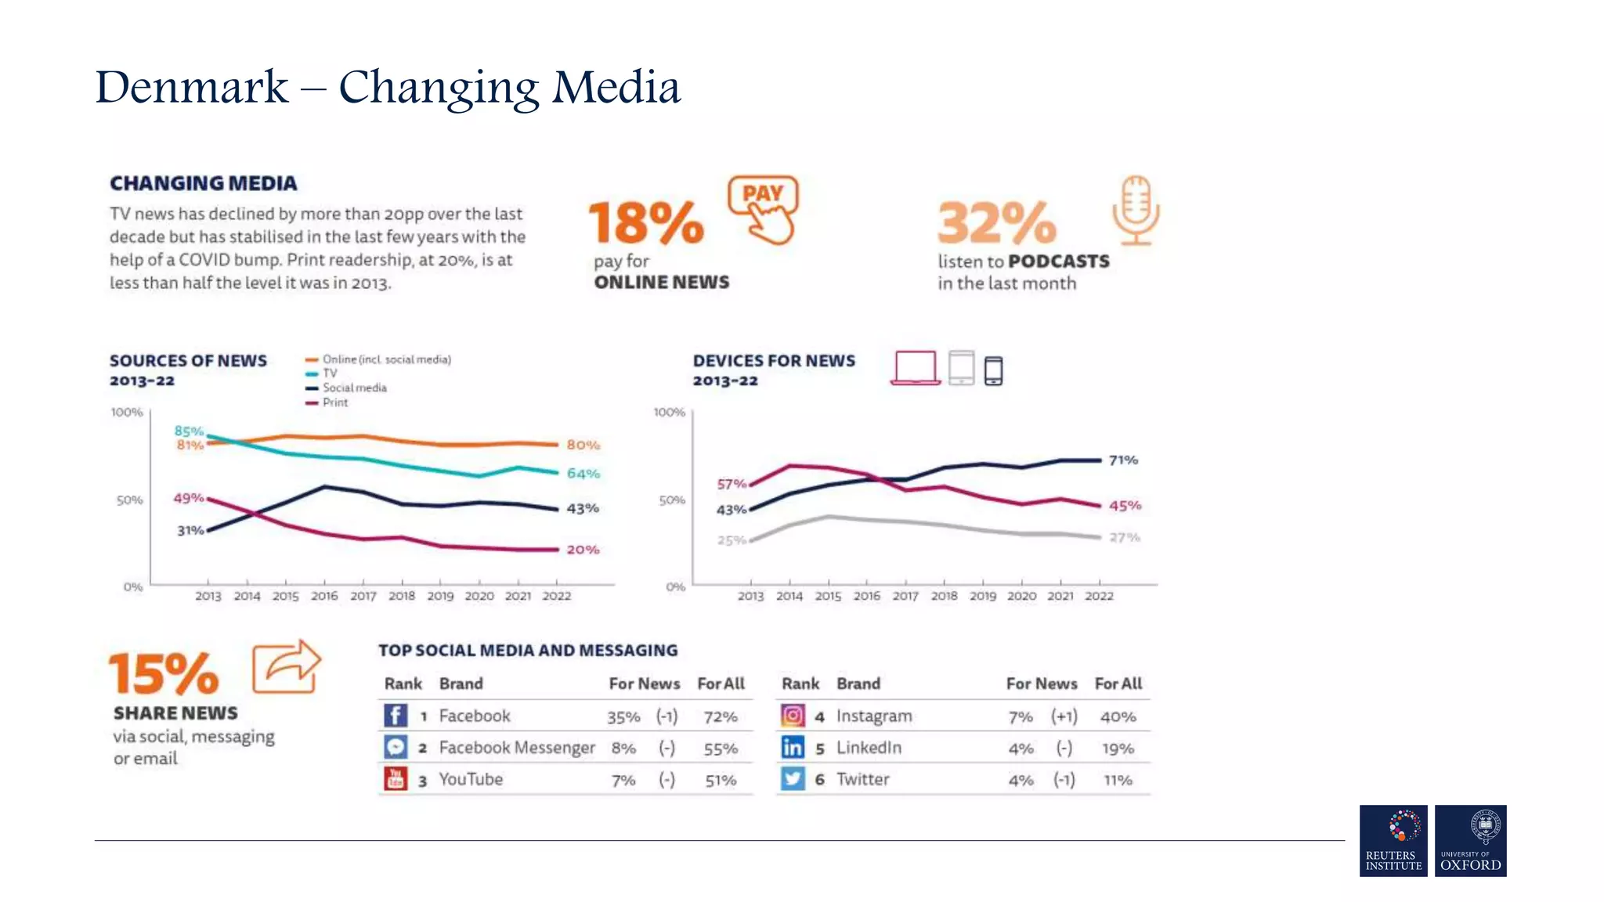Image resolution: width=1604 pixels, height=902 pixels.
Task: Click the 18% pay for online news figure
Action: (646, 223)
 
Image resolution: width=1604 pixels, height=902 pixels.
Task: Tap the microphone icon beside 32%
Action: (1135, 210)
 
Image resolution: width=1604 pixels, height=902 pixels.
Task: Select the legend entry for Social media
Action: (354, 388)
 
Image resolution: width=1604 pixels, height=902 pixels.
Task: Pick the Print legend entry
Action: (334, 402)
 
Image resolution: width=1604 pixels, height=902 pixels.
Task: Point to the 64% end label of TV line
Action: (583, 474)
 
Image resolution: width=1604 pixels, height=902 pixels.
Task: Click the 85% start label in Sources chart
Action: (189, 431)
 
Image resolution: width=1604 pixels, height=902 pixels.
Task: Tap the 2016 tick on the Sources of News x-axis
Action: (324, 596)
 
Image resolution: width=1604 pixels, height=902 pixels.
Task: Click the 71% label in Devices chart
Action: (1123, 460)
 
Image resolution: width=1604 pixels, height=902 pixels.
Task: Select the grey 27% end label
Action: (1124, 537)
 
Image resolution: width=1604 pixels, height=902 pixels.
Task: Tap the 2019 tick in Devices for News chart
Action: (983, 596)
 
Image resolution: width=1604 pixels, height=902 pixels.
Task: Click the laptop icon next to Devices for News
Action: (915, 368)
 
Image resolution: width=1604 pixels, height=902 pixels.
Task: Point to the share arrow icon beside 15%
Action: (287, 666)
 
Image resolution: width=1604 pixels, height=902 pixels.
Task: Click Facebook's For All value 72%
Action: (720, 716)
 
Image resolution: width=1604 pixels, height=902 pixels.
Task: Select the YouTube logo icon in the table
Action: (396, 779)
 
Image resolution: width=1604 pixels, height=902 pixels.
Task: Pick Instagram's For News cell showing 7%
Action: (1020, 716)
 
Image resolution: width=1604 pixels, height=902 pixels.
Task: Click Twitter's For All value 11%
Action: (1118, 780)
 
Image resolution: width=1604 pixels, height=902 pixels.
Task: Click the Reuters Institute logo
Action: (1393, 840)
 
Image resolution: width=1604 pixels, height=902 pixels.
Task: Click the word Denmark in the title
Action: (192, 86)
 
